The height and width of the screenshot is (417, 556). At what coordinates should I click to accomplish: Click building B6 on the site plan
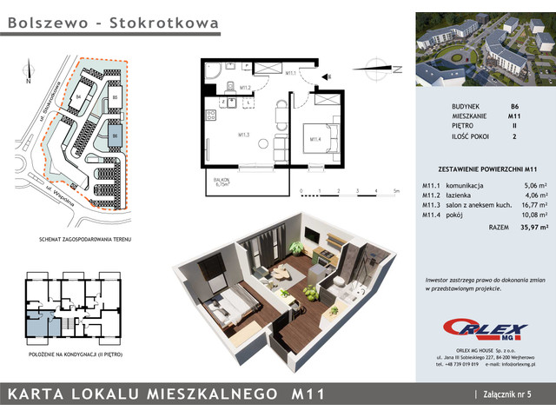114,135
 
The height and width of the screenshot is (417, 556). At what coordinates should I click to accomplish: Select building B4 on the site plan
78,97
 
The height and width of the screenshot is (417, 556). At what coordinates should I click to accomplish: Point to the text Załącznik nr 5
512,395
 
